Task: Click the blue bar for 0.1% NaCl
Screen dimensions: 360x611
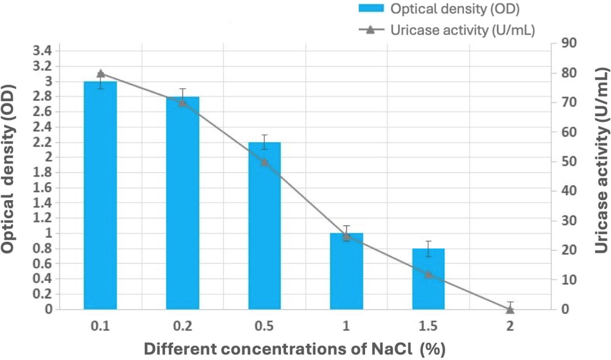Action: [100, 195]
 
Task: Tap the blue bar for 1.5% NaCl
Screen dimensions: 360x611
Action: [428, 279]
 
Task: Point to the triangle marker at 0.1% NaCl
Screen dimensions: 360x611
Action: [100, 73]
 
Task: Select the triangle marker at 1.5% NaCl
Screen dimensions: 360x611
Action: [428, 274]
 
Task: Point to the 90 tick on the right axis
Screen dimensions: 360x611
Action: [560, 43]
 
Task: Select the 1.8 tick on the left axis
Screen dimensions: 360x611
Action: [42, 173]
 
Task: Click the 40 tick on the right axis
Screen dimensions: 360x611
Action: [560, 191]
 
